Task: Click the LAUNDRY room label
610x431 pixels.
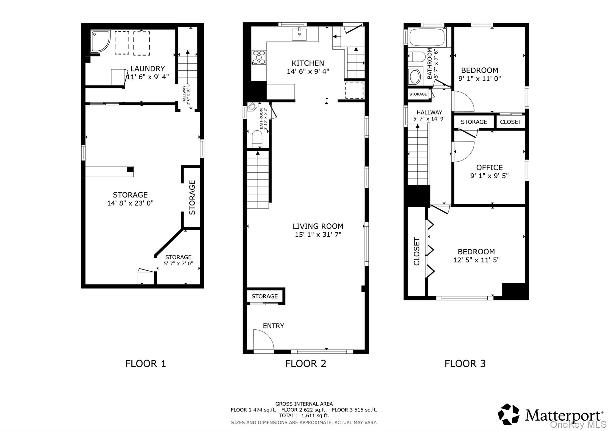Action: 147,69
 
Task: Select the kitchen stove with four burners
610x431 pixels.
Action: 259,57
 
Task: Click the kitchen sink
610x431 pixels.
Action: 299,34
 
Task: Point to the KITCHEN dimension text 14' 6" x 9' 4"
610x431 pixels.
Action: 308,71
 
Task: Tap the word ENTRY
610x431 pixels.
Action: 273,326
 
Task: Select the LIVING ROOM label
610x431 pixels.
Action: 318,226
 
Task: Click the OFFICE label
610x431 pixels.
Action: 489,168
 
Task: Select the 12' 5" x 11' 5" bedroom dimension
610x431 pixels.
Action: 476,260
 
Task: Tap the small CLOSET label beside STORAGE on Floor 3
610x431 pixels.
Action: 510,122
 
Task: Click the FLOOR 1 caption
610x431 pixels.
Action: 145,364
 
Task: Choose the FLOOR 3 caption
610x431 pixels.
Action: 465,364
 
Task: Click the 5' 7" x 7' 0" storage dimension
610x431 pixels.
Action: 178,264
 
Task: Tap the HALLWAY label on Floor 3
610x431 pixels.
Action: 429,113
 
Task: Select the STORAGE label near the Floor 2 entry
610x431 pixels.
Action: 264,296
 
